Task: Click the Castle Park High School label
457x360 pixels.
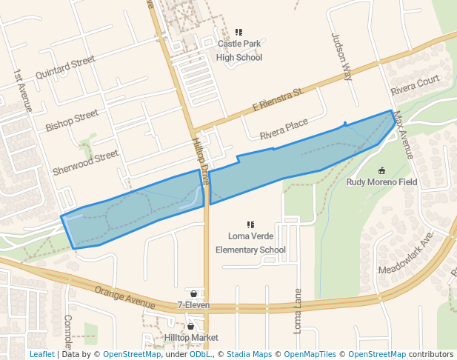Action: (239, 50)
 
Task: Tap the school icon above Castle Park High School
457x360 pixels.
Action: (239, 33)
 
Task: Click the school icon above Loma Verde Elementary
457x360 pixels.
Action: (250, 224)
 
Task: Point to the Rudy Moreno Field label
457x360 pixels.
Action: (381, 181)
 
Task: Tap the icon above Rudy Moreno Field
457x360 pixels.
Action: (381, 170)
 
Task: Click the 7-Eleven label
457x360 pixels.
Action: (193, 304)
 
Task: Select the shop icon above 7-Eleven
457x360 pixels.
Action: (193, 293)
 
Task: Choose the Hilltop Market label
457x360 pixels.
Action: (191, 337)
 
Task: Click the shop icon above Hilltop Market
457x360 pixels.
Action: (191, 326)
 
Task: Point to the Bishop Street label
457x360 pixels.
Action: (72, 121)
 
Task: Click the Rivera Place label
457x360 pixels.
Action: (284, 130)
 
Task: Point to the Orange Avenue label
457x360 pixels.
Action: (124, 296)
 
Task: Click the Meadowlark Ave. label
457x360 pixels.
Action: (406, 256)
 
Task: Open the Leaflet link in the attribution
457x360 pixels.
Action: (41, 354)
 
